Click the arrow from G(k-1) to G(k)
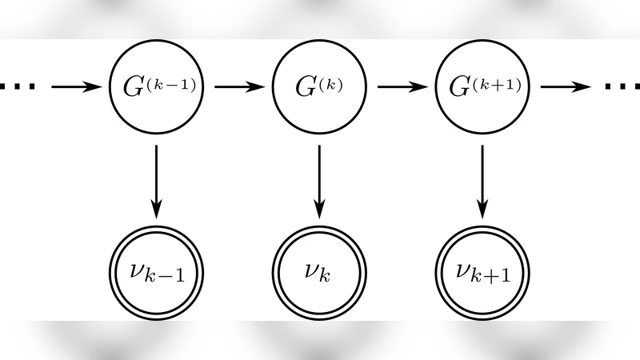point(238,85)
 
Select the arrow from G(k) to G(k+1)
point(401,85)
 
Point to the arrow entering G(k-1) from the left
point(78,85)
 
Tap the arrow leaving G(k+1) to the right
point(564,85)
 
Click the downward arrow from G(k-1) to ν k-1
point(157,181)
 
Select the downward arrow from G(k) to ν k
point(319,181)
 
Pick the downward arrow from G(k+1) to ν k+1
point(482,181)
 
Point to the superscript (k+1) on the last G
point(497,80)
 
